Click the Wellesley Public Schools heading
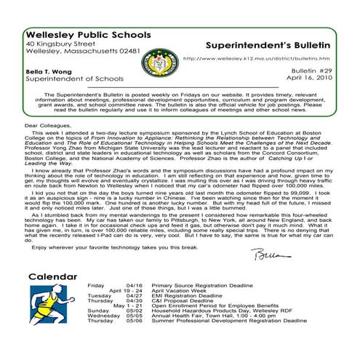click(88, 34)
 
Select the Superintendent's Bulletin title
click(269, 44)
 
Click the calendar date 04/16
click(134, 286)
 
